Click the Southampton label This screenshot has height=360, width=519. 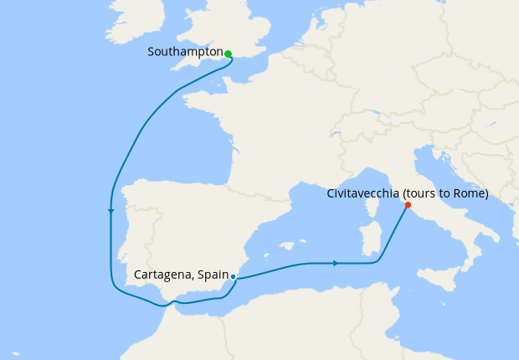tap(185, 52)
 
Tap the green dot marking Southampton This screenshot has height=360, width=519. tap(228, 54)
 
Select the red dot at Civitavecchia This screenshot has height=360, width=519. tap(408, 204)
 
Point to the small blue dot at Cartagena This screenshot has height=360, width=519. tap(233, 276)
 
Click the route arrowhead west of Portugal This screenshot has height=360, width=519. tap(110, 211)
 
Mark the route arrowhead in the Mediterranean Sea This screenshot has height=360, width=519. tap(336, 264)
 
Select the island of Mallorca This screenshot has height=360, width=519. tap(288, 246)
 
